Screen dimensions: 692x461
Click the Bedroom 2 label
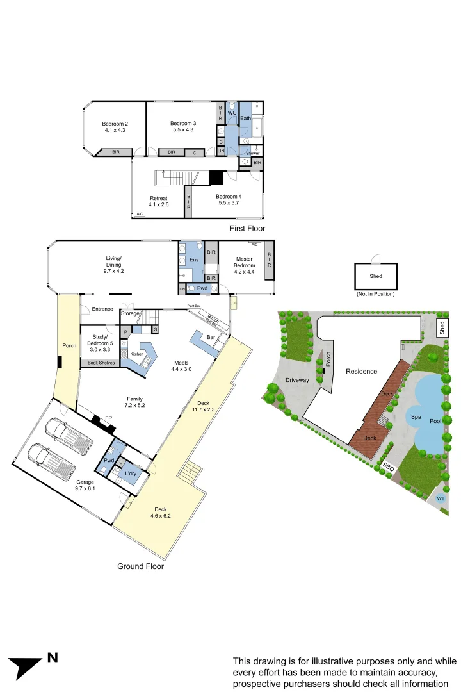point(115,123)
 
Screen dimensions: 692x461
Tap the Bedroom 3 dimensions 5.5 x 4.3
point(182,130)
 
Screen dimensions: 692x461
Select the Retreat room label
point(158,198)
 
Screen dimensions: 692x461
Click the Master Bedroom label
point(244,261)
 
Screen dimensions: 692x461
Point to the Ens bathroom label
point(193,259)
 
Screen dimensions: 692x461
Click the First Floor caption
point(247,228)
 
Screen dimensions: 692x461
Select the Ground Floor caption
point(140,566)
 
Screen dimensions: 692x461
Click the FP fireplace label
point(109,418)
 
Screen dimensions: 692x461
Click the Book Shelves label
point(98,363)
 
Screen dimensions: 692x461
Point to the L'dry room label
point(131,474)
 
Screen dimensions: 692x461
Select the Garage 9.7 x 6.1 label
point(85,486)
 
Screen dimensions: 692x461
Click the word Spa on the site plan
point(417,416)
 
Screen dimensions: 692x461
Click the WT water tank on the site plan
point(441,498)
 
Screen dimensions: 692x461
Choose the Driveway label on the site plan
point(297,380)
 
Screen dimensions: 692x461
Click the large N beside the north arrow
point(53,657)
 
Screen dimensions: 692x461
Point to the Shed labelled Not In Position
point(376,276)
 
